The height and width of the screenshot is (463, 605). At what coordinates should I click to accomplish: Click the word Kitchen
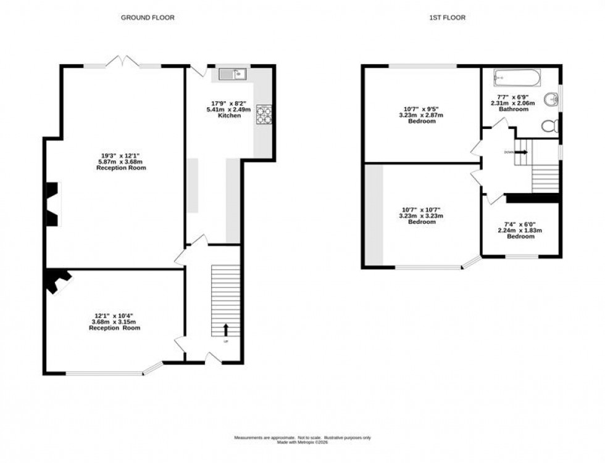point(229,115)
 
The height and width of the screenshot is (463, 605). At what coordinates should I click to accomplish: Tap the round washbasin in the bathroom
point(551,99)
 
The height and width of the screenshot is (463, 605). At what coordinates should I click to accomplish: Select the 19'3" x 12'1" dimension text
point(121,155)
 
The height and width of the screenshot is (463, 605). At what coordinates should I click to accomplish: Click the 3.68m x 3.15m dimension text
point(114,322)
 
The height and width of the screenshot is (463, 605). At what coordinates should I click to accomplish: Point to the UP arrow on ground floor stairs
point(225,329)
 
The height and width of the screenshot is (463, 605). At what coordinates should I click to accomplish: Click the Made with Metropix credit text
point(302,441)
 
